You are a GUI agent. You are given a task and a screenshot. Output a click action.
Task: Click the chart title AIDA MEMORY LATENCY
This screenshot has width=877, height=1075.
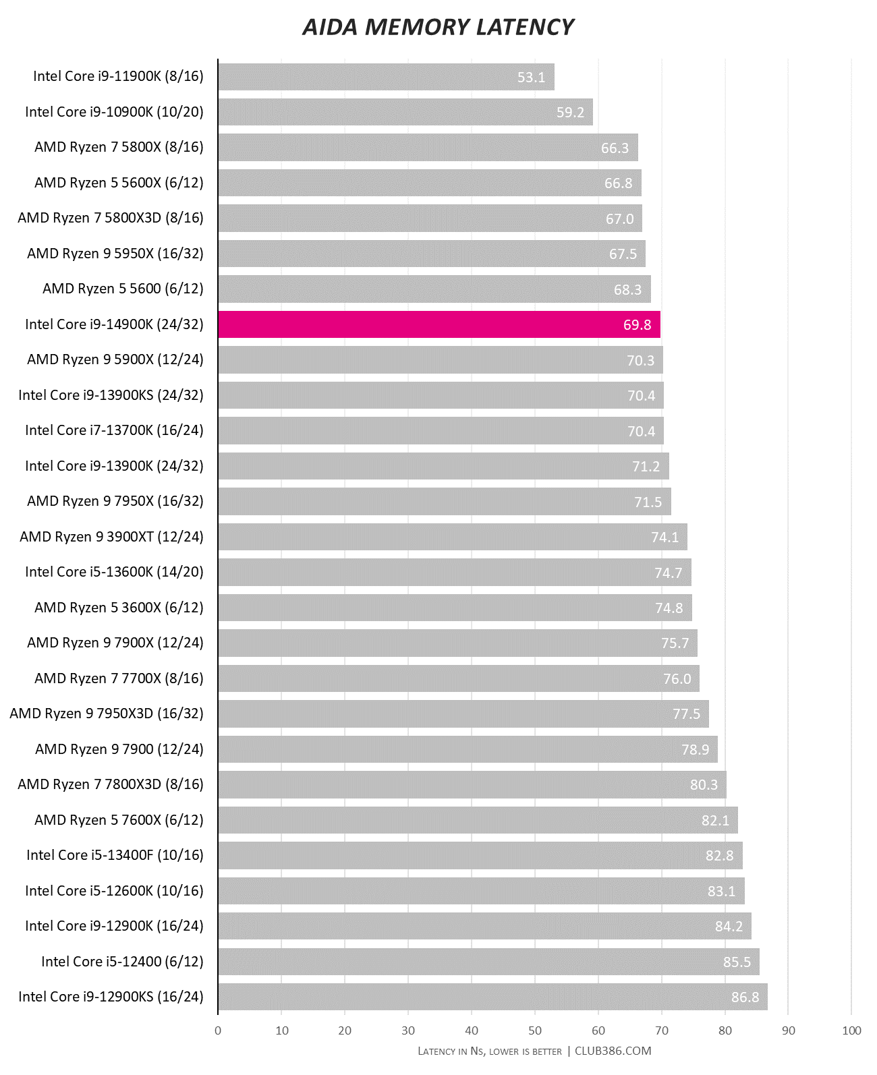coord(438,27)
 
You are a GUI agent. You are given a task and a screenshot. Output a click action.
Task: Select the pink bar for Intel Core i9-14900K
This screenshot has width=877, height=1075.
coord(438,324)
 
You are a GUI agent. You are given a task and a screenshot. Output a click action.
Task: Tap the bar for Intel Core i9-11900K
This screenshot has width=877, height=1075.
coord(386,77)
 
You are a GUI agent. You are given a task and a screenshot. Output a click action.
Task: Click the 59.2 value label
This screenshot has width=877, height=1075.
coord(570,113)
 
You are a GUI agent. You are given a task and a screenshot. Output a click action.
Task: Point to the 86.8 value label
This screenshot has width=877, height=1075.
coord(745,997)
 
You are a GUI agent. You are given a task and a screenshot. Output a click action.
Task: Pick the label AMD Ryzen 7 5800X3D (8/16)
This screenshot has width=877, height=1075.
coord(111,218)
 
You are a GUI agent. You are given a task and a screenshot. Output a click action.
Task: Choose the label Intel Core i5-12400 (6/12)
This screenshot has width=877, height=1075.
coord(122,961)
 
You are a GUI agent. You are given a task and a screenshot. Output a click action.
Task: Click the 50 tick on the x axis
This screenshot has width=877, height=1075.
coord(535,1030)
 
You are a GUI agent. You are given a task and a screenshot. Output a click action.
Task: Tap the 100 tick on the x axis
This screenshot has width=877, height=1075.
coord(851,1030)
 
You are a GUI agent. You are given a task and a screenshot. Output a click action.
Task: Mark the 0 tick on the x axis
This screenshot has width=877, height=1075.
coord(218,1030)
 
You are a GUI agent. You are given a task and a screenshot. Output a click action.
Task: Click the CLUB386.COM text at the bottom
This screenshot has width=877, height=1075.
coord(613,1051)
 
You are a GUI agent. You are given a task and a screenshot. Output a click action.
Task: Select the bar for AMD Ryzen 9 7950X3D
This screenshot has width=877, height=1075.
coord(463,714)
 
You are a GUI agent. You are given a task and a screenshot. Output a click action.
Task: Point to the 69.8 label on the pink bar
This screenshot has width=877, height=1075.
coord(637,325)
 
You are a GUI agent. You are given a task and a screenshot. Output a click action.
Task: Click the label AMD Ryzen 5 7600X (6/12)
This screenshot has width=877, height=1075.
coord(119,820)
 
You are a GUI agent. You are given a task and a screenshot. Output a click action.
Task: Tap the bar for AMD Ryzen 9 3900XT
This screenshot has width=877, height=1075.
coord(452,537)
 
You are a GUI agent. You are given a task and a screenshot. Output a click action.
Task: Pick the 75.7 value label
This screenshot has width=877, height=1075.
coord(675,643)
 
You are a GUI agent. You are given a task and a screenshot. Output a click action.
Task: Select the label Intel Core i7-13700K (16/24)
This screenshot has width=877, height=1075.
coord(114,430)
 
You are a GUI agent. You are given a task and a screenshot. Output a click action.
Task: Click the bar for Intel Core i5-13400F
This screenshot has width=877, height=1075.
coord(480,855)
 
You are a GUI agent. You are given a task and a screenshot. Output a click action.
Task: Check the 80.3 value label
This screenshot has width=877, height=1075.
coord(704,785)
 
